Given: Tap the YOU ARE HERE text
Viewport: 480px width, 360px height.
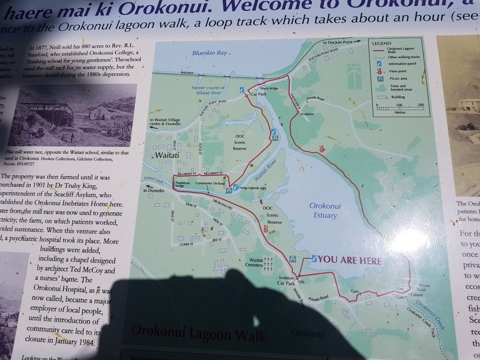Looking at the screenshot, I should (350, 260).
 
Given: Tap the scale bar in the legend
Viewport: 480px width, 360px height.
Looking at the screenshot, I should (399, 109).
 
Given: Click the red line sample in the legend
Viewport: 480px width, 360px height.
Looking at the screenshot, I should (379, 50).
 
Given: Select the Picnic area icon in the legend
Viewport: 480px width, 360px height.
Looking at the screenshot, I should (379, 79).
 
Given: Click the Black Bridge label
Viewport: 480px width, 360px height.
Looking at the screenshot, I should (269, 89).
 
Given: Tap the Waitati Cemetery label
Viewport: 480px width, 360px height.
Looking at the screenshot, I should (254, 261).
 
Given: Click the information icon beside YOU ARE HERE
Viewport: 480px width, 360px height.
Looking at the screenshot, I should (314, 258).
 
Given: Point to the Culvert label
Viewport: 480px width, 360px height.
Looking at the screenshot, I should (411, 293).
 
